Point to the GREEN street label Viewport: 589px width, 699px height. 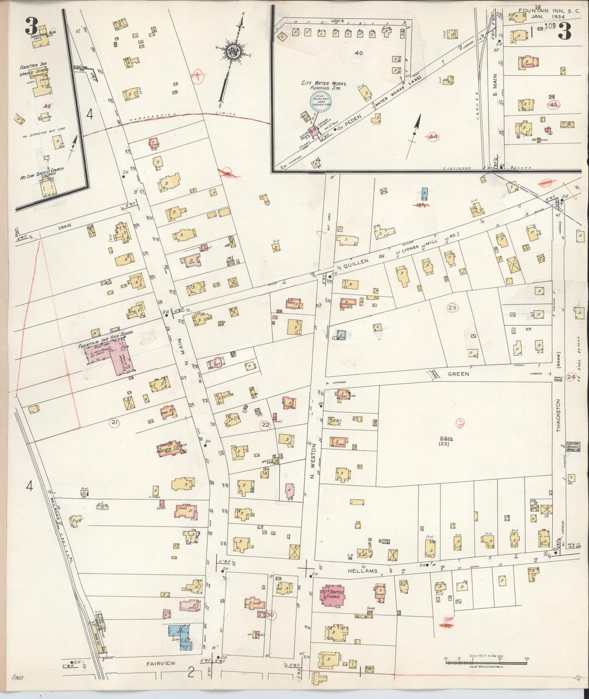point(459,374)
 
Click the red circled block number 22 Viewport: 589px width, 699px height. point(266,425)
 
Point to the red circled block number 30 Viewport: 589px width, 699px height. point(269,615)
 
